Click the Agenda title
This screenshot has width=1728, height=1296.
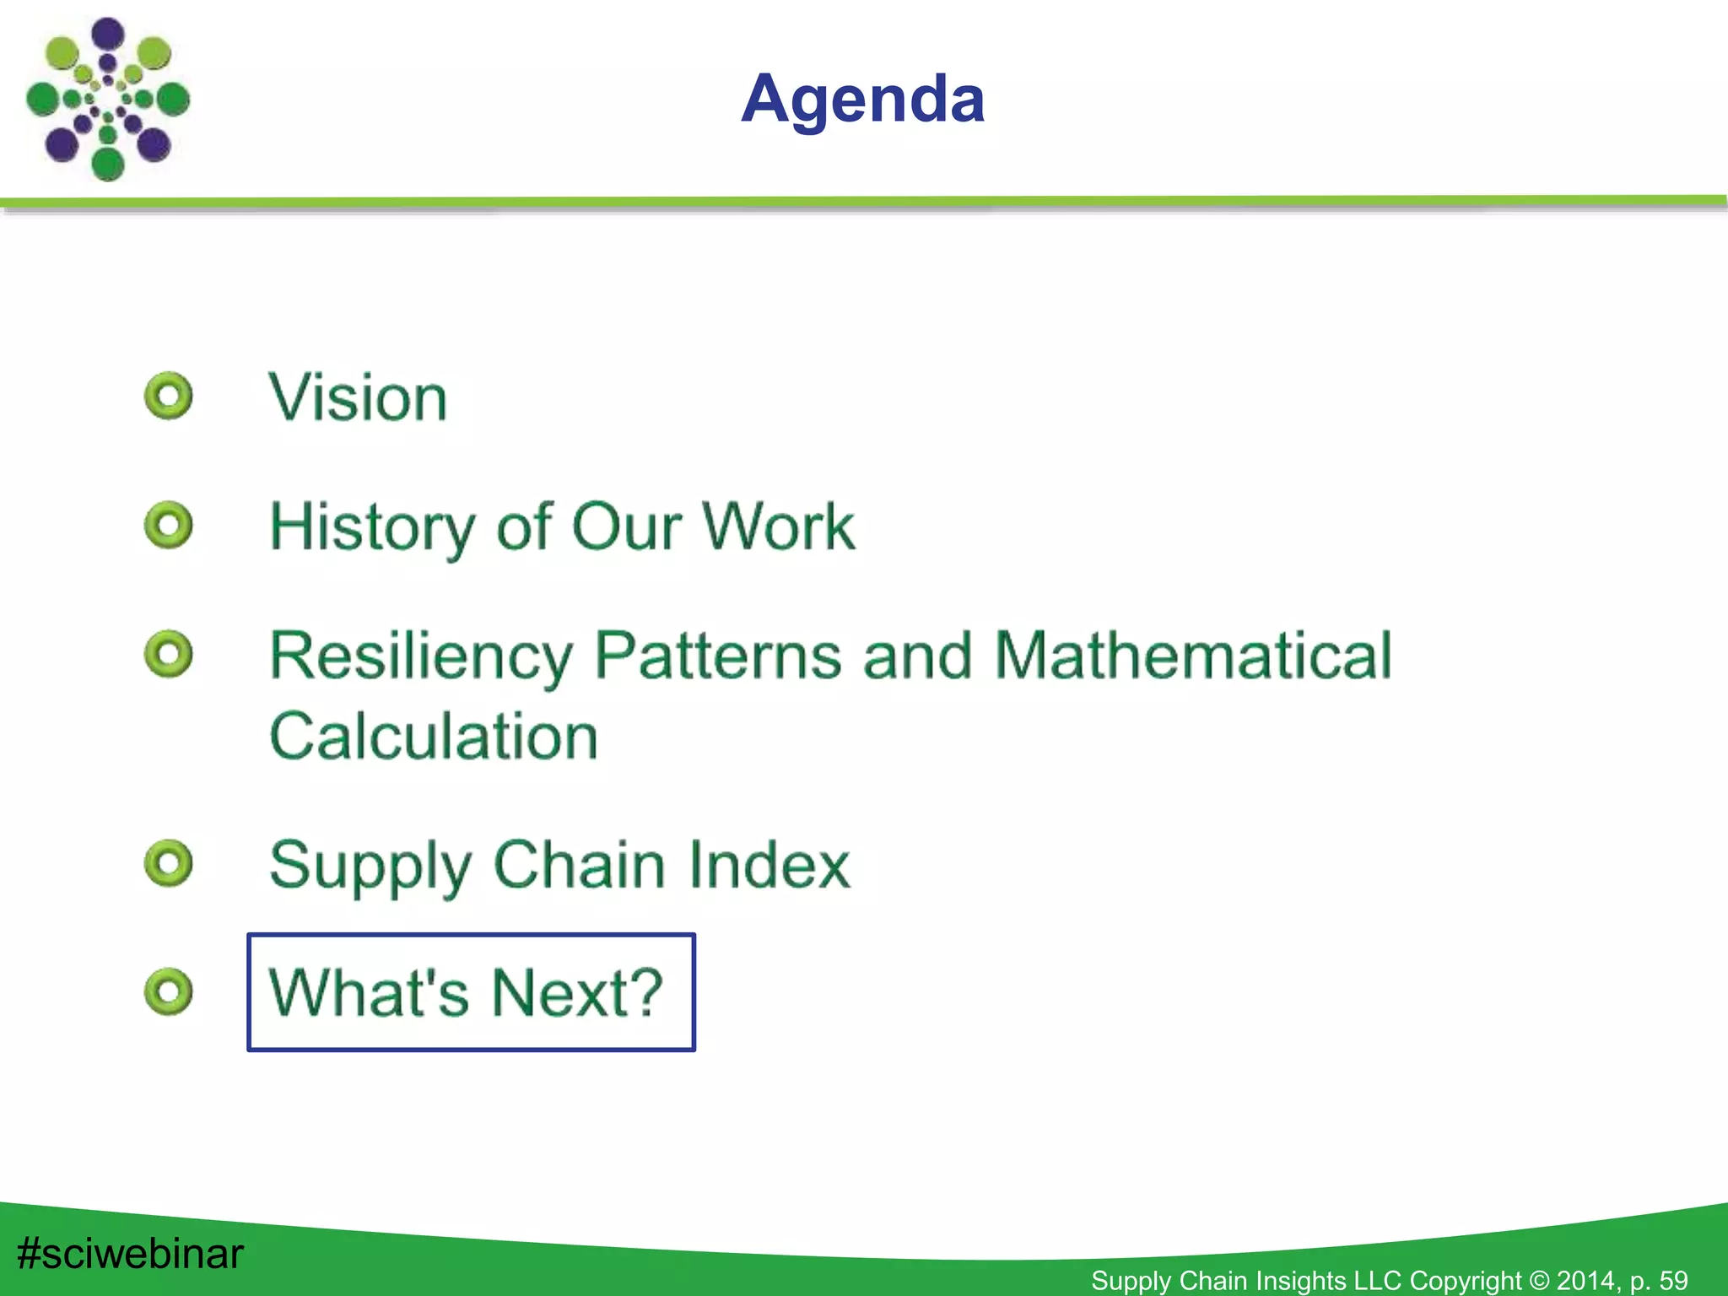862,99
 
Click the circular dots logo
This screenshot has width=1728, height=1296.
107,99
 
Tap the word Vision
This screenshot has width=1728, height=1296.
358,397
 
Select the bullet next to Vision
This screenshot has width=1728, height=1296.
169,396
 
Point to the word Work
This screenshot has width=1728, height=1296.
778,526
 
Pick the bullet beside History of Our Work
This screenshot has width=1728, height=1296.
169,526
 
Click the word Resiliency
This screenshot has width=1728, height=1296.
420,656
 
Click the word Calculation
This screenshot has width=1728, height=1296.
434,736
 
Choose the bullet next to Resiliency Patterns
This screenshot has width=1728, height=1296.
169,654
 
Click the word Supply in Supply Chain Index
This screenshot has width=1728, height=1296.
370,866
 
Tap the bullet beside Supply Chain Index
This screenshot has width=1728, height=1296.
169,863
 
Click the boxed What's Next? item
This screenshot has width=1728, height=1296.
470,992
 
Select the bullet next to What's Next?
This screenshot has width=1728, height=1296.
169,991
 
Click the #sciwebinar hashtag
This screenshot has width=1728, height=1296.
130,1253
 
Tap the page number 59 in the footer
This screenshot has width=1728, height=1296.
1672,1281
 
